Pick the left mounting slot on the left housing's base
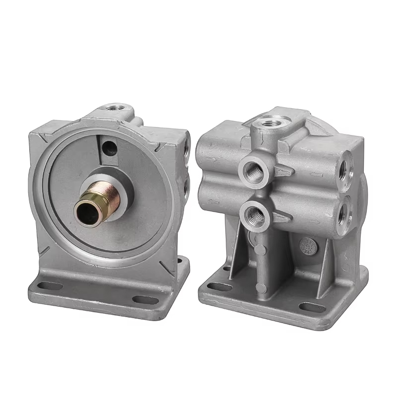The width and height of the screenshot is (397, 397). (50, 286)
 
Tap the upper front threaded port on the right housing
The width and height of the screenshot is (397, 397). (254, 172)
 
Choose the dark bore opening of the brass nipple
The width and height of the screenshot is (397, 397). (84, 212)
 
